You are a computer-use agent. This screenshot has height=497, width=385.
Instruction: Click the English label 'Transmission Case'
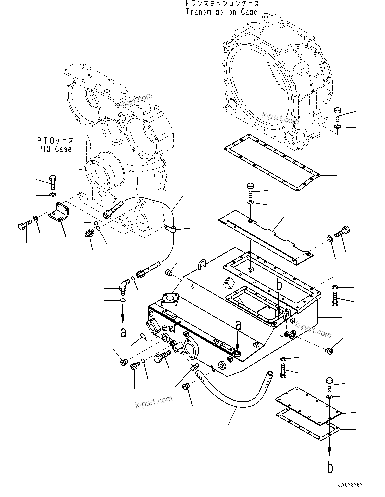coord(222,12)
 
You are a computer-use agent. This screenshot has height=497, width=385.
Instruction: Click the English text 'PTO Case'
coord(55,149)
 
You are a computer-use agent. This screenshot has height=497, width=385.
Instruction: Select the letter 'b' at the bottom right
coord(330,468)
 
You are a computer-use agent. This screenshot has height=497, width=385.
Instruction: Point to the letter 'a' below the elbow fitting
coord(123,332)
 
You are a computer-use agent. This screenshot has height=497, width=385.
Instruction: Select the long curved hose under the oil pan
coord(233,395)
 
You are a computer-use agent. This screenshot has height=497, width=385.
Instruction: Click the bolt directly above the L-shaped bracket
coord(53,182)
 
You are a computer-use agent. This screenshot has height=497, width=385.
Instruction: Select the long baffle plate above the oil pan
coord(265,237)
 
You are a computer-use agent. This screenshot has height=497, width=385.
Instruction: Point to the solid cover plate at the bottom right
coord(309,406)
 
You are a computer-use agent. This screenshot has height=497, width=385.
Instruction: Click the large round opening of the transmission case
coord(260,87)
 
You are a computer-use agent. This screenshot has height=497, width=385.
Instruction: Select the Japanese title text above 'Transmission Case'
coord(222,4)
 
